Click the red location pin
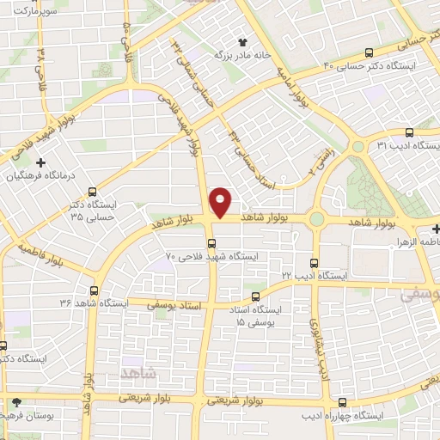tap(221, 202)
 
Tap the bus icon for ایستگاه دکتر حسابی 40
tap(369, 52)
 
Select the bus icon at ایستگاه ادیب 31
tap(409, 133)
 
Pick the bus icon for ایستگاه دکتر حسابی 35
tap(92, 192)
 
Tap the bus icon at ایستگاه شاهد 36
tap(94, 290)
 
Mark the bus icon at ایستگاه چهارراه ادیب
tap(343, 402)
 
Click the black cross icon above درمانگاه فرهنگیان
tap(40, 162)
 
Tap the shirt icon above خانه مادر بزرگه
tap(242, 40)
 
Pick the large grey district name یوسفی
tap(420, 294)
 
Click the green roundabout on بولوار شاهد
tap(317, 219)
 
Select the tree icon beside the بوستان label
tap(16, 401)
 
